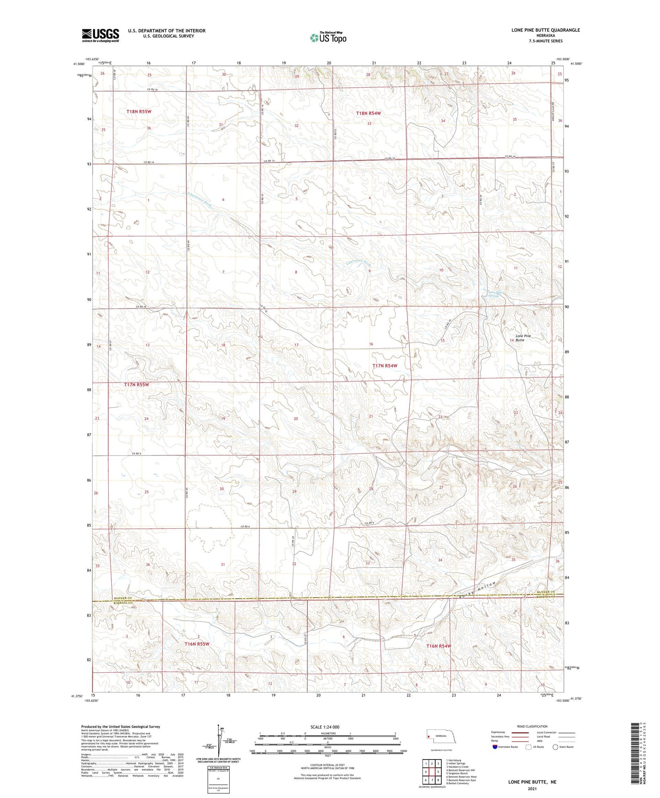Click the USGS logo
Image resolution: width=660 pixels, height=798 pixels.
pyautogui.click(x=100, y=35)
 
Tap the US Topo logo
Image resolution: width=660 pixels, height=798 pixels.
pyautogui.click(x=328, y=37)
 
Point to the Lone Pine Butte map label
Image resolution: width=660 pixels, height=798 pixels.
pyautogui.click(x=523, y=338)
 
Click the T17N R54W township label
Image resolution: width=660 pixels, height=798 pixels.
pyautogui.click(x=385, y=366)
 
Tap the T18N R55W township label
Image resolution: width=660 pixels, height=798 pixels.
pyautogui.click(x=139, y=112)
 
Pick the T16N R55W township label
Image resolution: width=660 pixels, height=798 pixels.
pyautogui.click(x=197, y=644)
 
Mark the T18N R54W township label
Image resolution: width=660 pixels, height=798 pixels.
pyautogui.click(x=368, y=113)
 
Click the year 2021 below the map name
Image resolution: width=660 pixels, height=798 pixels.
pyautogui.click(x=532, y=789)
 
